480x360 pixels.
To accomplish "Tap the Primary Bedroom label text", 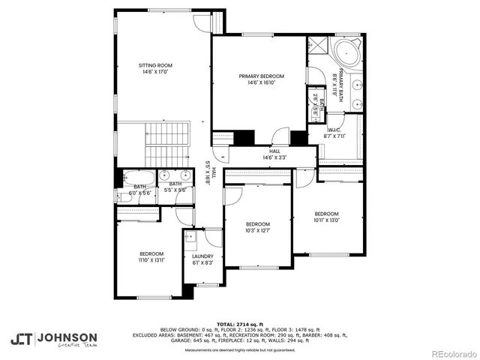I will tap(261, 76).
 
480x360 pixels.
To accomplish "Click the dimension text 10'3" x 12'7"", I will tap(258, 231).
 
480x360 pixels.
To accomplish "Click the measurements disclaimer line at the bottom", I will tap(240, 349).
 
